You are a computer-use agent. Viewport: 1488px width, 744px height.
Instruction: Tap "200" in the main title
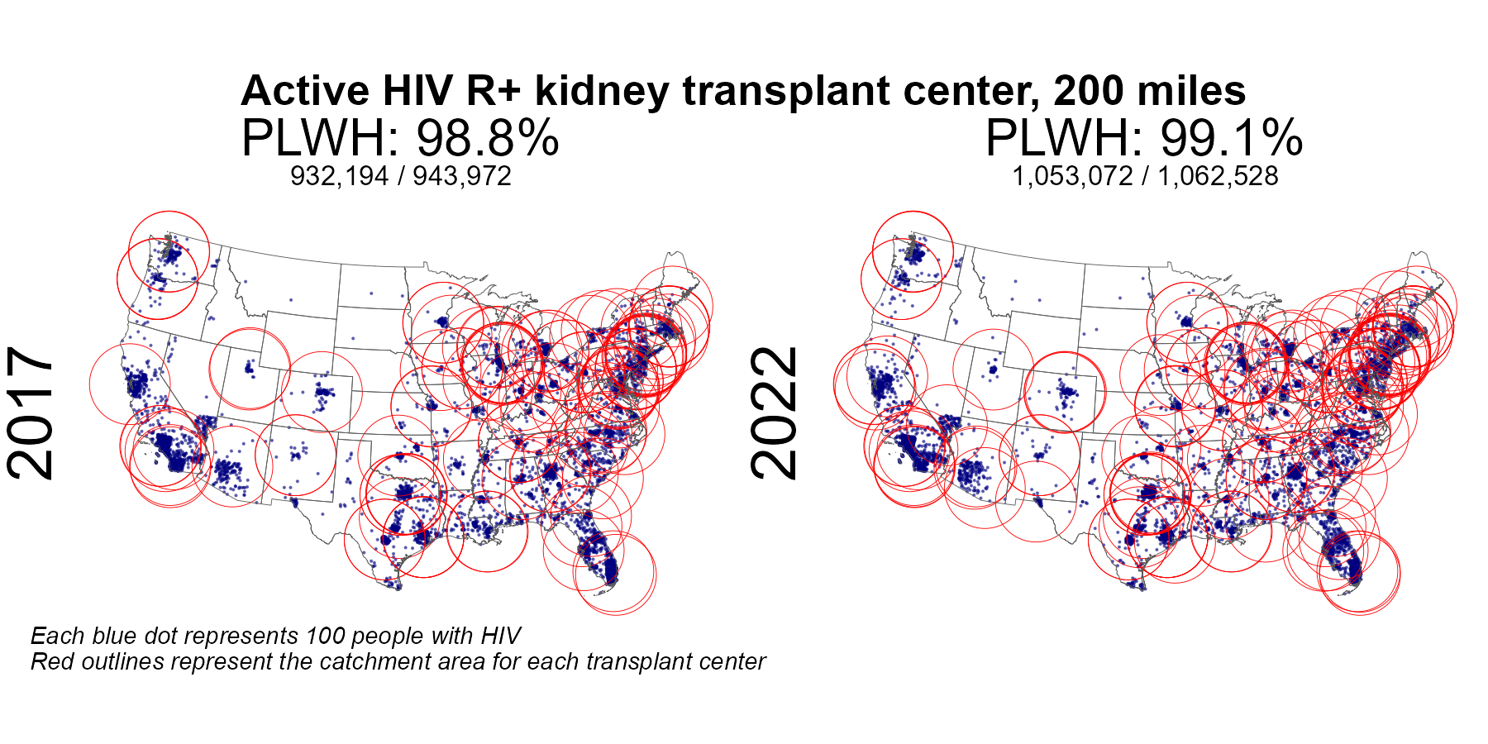(1090, 92)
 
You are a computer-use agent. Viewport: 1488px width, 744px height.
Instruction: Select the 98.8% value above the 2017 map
(488, 138)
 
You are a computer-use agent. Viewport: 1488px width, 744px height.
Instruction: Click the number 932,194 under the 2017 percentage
(339, 176)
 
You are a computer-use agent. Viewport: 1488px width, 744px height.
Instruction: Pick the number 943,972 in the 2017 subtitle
(462, 176)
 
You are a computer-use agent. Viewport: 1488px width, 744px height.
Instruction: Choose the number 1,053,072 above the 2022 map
(1072, 176)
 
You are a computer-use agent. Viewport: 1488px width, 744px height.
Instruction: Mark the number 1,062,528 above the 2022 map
(1218, 176)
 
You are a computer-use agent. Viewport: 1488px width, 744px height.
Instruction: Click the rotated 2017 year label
(31, 413)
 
